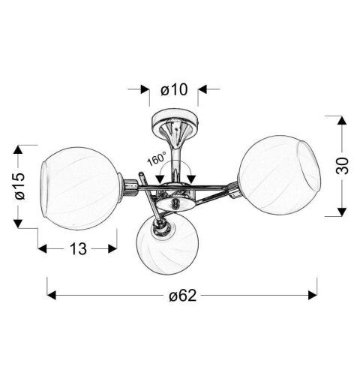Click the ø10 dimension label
click(174, 89)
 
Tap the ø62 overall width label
click(183, 296)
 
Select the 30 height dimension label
click(342, 166)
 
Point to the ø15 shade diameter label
click(20, 186)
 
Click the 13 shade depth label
click(78, 249)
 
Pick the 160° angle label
click(157, 158)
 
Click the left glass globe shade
click(79, 188)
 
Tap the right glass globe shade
click(279, 175)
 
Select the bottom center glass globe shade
click(167, 245)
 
